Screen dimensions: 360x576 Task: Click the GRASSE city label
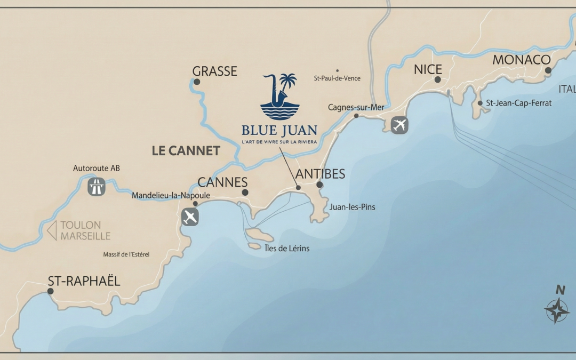214,71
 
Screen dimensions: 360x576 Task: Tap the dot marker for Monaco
548,70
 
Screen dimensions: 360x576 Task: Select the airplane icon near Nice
399,125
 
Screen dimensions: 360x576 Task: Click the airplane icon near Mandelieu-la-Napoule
190,217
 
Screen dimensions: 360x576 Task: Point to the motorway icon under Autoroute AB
97,187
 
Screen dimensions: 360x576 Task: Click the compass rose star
557,310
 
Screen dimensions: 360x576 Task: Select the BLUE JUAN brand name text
279,130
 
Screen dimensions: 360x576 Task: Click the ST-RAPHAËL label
84,281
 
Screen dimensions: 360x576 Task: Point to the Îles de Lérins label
287,248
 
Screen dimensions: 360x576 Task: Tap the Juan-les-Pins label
352,207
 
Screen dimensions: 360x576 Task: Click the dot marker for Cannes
245,193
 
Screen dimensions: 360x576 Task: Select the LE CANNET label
186,151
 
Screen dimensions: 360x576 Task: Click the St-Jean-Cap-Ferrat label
518,103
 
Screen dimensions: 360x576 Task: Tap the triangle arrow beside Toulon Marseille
52,230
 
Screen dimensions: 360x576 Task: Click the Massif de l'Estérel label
126,254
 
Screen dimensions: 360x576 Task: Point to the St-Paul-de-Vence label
337,78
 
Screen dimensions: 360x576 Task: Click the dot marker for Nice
437,79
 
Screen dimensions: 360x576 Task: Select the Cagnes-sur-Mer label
356,108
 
